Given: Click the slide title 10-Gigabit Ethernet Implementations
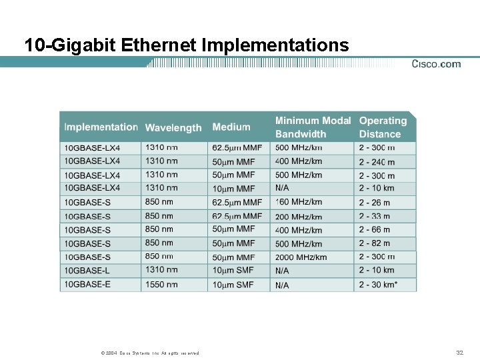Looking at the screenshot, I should tap(186, 45).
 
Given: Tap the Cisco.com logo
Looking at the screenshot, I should tap(436, 64).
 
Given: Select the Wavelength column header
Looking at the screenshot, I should tap(173, 127).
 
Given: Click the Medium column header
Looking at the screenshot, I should tap(231, 127).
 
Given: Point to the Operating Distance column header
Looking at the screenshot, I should tap(383, 127).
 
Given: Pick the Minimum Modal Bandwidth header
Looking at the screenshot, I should tap(313, 127).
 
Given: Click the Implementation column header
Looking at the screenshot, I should tap(101, 127).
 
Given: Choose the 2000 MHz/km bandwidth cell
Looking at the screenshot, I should tap(301, 257).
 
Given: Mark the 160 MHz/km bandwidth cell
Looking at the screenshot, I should tap(298, 202).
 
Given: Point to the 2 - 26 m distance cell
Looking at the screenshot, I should tap(375, 202).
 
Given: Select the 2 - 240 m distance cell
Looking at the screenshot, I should tap(377, 162).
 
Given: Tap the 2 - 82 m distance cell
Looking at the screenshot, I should tap(375, 243).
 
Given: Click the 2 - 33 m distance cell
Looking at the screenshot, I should tap(375, 216).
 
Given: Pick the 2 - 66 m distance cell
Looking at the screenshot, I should tap(375, 230).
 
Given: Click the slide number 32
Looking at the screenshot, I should tap(459, 352).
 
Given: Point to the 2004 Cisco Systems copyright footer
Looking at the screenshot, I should tap(145, 353).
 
